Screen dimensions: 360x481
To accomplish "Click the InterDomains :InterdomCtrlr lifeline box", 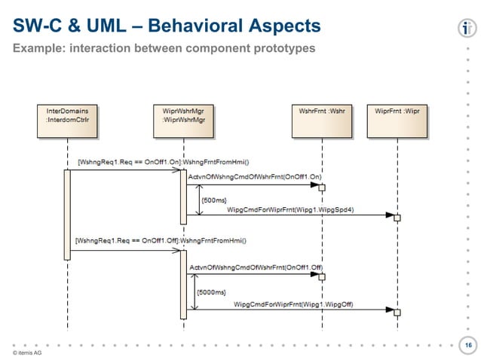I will point(67,121).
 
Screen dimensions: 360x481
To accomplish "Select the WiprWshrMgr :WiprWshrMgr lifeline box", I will point(183,121).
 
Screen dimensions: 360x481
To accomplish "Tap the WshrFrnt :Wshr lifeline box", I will point(321,111).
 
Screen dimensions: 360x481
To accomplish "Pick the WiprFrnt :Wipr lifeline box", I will point(397,111).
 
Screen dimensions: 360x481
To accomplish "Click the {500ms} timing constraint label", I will point(213,200).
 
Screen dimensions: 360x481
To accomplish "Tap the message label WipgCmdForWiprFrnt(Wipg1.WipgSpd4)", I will point(290,210).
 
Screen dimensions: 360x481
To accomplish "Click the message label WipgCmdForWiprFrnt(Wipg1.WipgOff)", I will point(294,304).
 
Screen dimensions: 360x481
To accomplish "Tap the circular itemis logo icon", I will point(465,28).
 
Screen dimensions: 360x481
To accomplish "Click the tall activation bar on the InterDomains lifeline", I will point(67,215).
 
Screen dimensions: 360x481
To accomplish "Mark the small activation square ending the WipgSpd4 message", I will point(397,218).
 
